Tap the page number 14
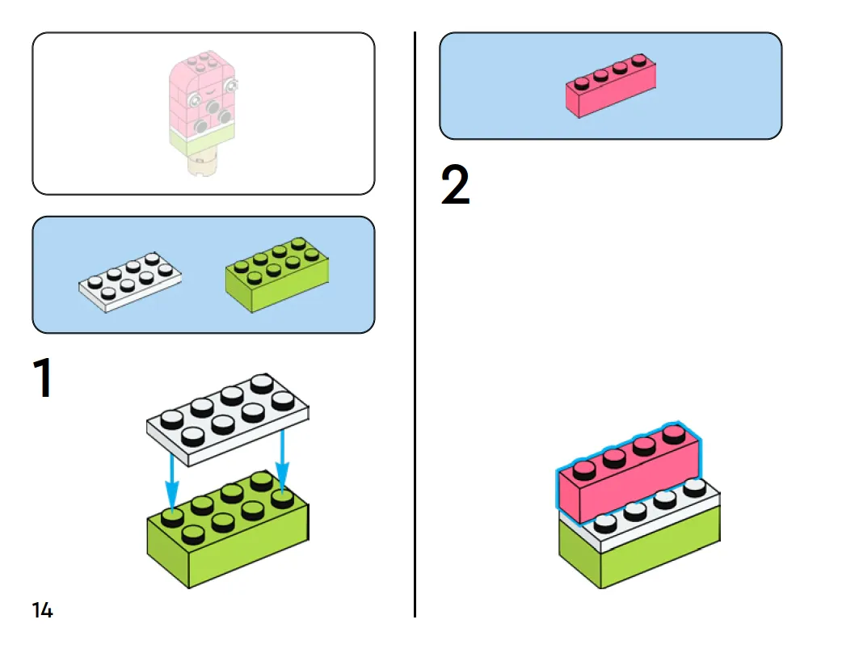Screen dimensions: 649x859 click(x=43, y=610)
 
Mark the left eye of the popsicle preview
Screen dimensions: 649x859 click(x=195, y=99)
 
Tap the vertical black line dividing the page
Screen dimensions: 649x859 click(x=415, y=323)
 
